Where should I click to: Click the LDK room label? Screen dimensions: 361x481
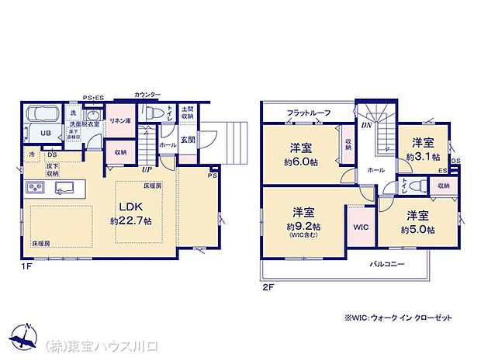click(x=129, y=207)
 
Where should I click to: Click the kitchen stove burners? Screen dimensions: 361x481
click(x=36, y=188)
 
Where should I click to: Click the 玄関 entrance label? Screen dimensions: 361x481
click(x=187, y=140)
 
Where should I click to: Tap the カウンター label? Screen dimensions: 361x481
click(x=147, y=94)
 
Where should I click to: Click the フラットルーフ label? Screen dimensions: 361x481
click(x=310, y=114)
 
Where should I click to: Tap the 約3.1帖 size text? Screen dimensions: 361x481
click(x=422, y=156)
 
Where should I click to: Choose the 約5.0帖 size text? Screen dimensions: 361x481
click(x=418, y=230)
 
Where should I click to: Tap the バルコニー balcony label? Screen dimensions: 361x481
click(x=387, y=265)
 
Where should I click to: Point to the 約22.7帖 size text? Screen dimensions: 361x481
click(x=129, y=220)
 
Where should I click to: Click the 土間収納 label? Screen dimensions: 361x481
click(x=187, y=113)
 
